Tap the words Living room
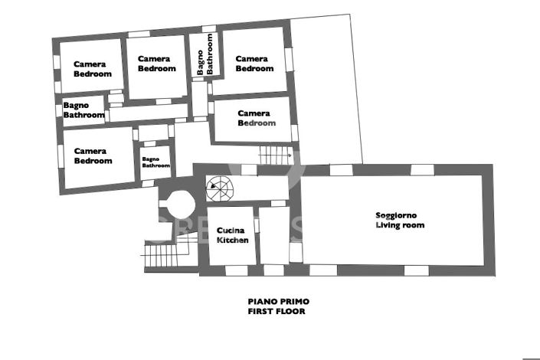click(x=400, y=225)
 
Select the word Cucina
click(x=231, y=231)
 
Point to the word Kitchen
click(x=233, y=241)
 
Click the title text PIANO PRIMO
click(x=278, y=302)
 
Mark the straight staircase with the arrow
click(x=275, y=153)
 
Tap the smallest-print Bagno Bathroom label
click(x=155, y=162)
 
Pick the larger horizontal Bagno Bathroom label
click(x=83, y=110)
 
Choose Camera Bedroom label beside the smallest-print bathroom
click(x=93, y=156)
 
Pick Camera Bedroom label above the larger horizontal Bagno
click(x=92, y=69)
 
